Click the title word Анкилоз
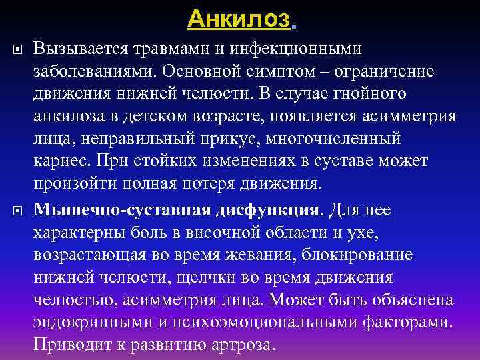(x=239, y=19)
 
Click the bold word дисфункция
(x=267, y=211)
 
